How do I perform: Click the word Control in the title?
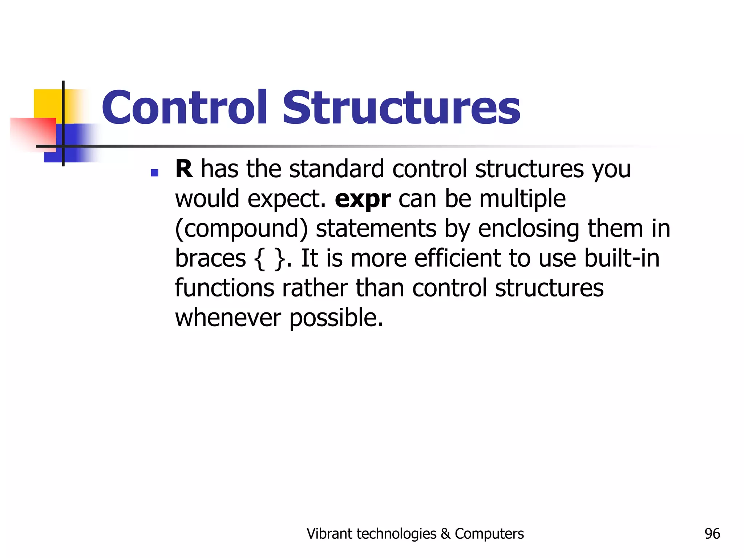tap(185, 108)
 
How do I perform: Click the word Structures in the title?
tap(401, 108)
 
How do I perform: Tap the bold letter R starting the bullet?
tap(184, 169)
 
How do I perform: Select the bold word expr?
tap(363, 199)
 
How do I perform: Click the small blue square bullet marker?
tap(154, 173)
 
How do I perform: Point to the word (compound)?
tap(241, 229)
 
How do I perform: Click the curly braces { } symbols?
tap(269, 259)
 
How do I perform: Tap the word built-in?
tap(622, 258)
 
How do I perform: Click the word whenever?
tap(228, 318)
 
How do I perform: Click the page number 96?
tap(712, 534)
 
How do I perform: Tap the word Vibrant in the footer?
tap(329, 534)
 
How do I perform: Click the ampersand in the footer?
tap(445, 534)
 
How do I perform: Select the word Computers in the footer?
tap(489, 534)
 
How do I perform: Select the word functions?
tap(225, 288)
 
